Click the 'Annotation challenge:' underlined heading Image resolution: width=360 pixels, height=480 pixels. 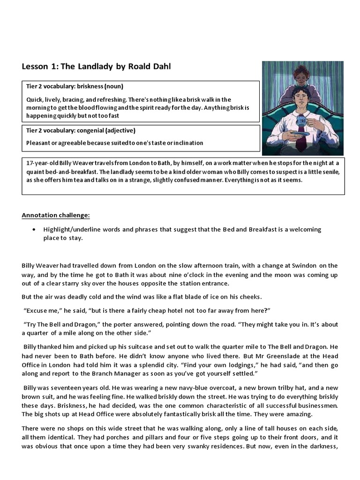(56, 215)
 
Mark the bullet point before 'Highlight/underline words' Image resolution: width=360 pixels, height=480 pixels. (34, 230)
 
